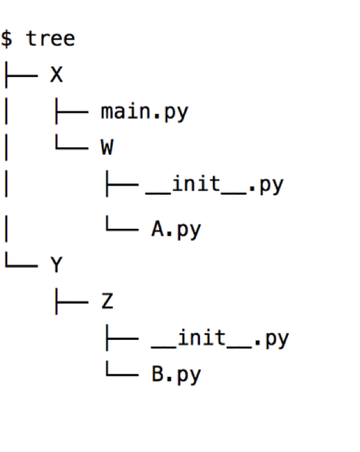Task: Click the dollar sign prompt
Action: tap(7, 39)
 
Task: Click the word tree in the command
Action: tap(50, 39)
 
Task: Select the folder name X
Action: tap(57, 75)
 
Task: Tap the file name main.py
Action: tap(145, 112)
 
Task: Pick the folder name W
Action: tap(107, 147)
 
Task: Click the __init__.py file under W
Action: tap(215, 185)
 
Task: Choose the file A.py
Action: tap(176, 230)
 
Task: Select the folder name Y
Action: tap(57, 265)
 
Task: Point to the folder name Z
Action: tap(107, 302)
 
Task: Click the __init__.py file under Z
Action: tap(220, 339)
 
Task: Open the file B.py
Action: tap(176, 375)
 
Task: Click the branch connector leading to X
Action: tap(21, 75)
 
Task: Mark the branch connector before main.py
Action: tap(72, 112)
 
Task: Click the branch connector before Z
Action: tap(72, 302)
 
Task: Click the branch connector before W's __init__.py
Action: tap(122, 184)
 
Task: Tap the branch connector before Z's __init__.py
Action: tap(122, 338)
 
